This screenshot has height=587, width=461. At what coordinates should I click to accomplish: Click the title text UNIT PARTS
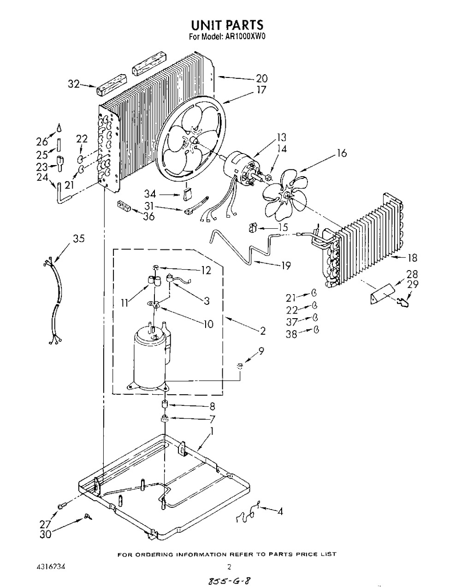tap(227, 25)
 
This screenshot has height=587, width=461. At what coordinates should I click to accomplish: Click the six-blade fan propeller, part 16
tap(285, 196)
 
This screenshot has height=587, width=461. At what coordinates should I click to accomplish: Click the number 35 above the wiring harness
tap(78, 238)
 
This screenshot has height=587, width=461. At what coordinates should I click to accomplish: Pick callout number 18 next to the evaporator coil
tap(413, 258)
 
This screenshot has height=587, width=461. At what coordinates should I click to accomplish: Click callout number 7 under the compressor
tap(212, 419)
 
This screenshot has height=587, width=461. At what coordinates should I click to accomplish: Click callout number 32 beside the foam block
tap(74, 84)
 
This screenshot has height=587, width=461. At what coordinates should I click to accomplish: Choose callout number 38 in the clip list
tap(292, 334)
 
